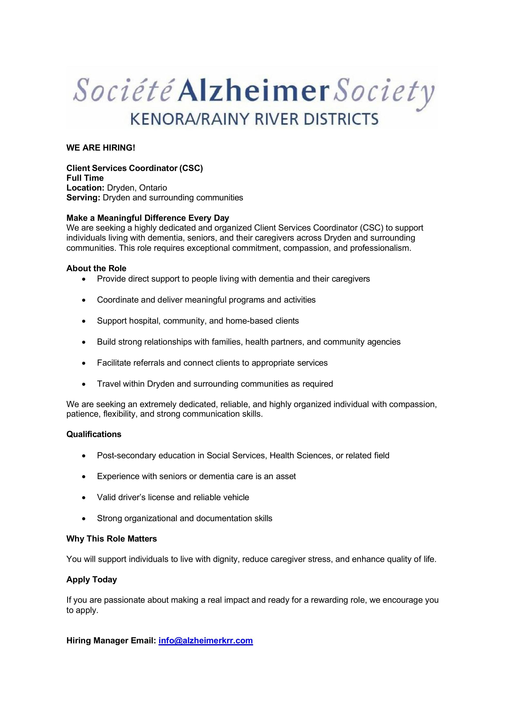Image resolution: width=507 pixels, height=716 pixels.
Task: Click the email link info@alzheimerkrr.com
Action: pos(205,641)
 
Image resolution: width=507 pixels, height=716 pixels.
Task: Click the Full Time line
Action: pos(85,178)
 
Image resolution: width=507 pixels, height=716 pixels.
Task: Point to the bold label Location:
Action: pos(85,188)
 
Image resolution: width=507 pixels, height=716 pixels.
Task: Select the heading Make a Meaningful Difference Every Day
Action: pos(148,218)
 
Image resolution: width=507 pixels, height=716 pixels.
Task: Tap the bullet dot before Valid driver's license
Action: pos(84,498)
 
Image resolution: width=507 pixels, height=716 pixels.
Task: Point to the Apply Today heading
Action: pos(92,580)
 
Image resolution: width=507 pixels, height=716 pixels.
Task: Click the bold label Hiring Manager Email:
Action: pos(111,641)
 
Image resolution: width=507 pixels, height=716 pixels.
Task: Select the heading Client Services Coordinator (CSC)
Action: pos(135,168)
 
